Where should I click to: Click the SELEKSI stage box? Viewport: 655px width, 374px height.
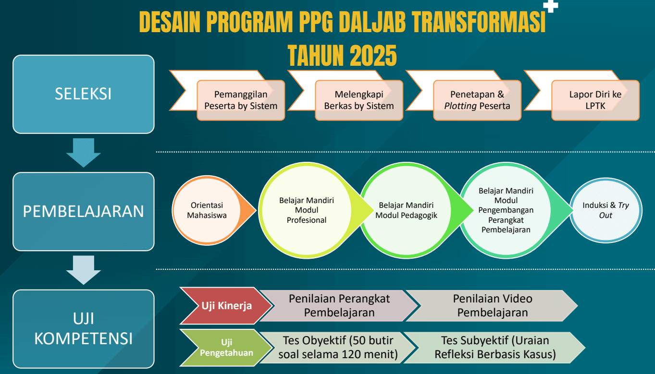(83, 94)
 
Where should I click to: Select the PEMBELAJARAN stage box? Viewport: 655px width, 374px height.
(83, 211)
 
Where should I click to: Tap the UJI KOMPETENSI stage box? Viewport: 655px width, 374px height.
(83, 329)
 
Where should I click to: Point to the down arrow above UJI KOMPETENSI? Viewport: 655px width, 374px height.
(84, 270)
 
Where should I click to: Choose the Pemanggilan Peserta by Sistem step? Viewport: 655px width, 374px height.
(241, 100)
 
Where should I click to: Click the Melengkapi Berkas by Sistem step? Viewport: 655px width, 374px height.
(359, 100)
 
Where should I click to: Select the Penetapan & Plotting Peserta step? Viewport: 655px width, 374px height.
(477, 100)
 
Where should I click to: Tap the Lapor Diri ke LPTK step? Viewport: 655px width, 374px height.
(595, 100)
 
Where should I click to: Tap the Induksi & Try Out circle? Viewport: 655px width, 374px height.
(606, 210)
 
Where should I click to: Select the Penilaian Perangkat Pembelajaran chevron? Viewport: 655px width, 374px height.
(339, 306)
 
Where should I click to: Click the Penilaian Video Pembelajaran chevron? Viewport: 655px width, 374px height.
(493, 306)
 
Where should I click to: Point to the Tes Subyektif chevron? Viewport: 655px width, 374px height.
(495, 348)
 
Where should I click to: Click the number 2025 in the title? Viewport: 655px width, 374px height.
(373, 56)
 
